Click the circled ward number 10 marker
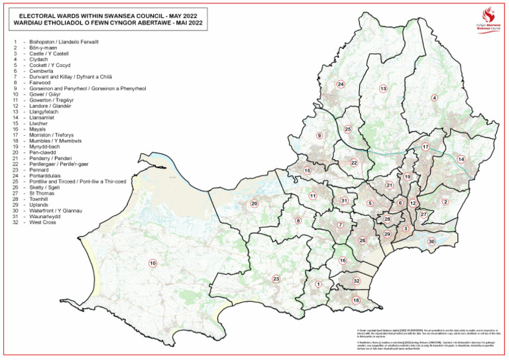coord(153,263)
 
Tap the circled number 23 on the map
coord(276,279)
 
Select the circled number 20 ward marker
coord(254,204)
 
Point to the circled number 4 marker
coord(434,98)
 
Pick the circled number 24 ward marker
coord(341,84)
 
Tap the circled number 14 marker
coord(461,159)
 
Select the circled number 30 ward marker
coord(431,242)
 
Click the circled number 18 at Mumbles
coord(356,300)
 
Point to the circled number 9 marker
coord(319,136)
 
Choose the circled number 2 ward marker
coord(445,202)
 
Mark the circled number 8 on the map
coord(298,221)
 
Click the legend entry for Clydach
coord(40,58)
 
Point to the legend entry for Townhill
coord(40,199)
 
